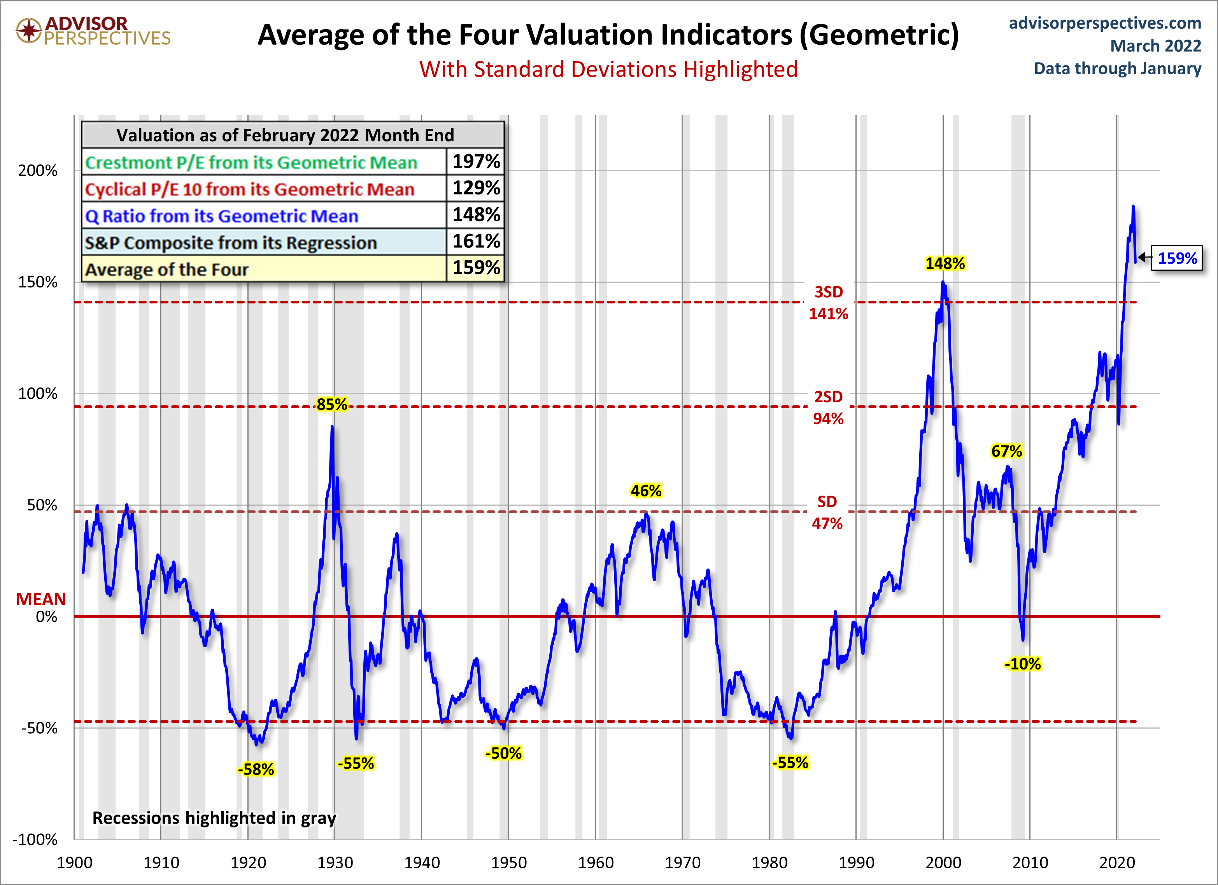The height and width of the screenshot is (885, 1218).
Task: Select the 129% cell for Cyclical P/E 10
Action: [476, 188]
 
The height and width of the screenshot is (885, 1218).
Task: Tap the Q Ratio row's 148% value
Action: [476, 215]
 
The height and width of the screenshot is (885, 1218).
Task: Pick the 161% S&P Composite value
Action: [476, 241]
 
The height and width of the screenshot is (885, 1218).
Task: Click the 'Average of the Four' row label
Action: [166, 269]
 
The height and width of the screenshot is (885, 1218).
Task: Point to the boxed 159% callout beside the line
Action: [1177, 258]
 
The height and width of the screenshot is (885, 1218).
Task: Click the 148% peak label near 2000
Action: [945, 264]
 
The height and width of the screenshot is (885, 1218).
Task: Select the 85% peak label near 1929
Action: [331, 404]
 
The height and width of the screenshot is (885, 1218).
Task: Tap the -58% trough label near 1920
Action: [256, 769]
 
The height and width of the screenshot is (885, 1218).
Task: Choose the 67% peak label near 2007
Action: [1006, 451]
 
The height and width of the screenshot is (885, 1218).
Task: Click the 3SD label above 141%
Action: [829, 292]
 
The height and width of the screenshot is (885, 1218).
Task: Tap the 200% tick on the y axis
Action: [38, 171]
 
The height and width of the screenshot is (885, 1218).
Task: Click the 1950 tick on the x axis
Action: [508, 863]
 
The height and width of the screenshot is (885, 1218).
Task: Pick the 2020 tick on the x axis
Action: [1117, 863]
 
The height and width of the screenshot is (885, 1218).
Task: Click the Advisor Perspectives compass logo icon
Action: [28, 31]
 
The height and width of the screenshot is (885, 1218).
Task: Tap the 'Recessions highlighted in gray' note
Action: [214, 818]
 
